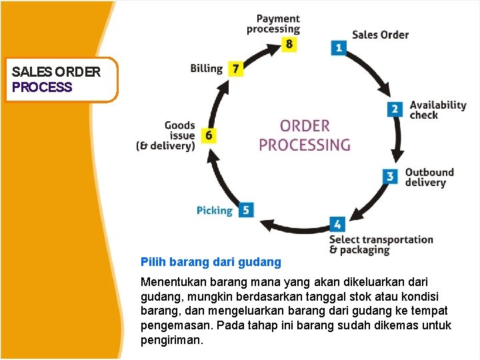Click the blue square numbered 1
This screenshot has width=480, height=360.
[339, 47]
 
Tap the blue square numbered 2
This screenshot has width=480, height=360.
[395, 109]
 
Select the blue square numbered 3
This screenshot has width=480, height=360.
[391, 176]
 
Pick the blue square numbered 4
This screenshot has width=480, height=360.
[337, 225]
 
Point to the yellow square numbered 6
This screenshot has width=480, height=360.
[209, 135]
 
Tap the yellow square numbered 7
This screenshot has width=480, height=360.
[235, 68]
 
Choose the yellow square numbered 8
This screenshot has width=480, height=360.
[289, 44]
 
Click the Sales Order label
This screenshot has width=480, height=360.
[380, 35]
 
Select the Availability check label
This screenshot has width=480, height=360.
[437, 109]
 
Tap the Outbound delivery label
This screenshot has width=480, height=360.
[429, 177]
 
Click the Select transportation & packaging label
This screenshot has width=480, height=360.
[381, 245]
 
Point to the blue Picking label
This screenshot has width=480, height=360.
[214, 211]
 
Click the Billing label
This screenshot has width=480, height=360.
[206, 68]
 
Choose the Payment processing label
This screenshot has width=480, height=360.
[273, 24]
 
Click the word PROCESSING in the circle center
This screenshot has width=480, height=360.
[304, 145]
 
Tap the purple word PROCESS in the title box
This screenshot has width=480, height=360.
[42, 87]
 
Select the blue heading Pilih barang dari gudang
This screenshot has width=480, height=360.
[211, 263]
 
